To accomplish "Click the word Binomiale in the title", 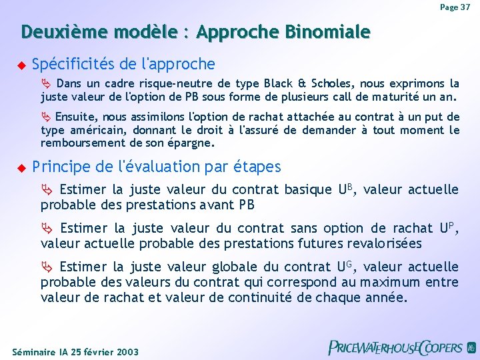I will [x=327, y=32].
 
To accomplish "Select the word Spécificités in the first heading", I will [x=73, y=64].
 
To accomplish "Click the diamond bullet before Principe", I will [x=20, y=167].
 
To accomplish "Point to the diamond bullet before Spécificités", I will [x=20, y=65].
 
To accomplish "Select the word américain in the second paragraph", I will [x=99, y=130].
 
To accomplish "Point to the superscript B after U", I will [x=349, y=187].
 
